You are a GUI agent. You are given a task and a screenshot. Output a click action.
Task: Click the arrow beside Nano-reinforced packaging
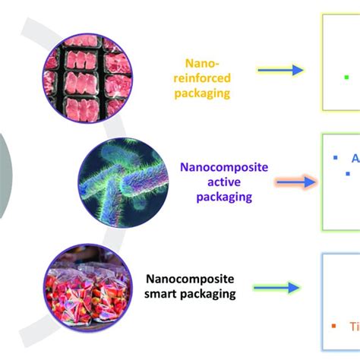[280, 71]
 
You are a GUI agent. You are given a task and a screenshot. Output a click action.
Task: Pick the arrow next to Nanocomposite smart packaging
[278, 288]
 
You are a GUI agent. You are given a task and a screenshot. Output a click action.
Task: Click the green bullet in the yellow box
[347, 77]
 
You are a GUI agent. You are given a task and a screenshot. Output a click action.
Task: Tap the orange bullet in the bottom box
[334, 328]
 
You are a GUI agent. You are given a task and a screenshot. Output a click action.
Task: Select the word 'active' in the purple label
[224, 182]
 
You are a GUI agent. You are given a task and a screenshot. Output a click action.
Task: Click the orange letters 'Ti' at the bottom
[354, 327]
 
